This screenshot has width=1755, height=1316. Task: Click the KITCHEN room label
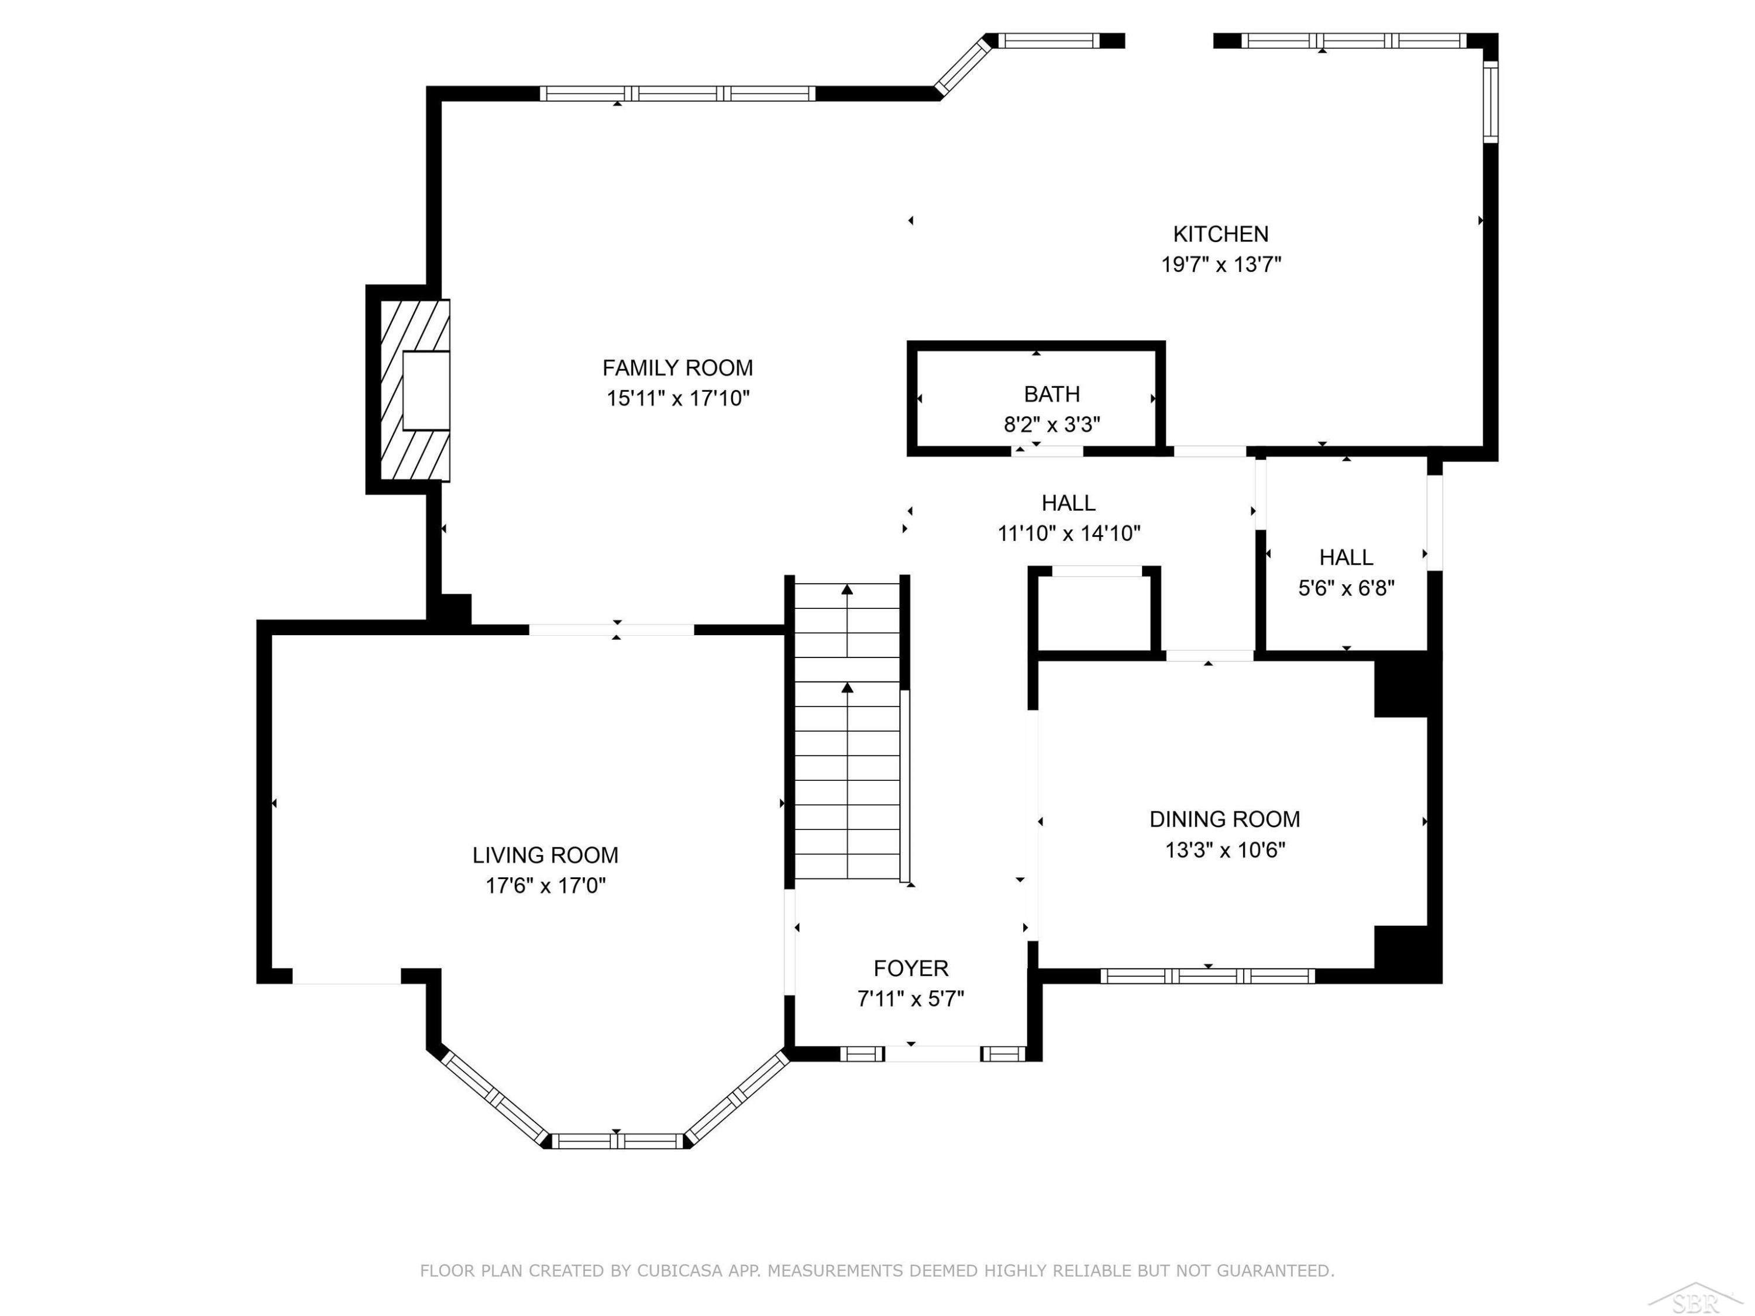(1220, 234)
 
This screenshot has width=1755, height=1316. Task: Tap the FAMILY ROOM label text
(677, 368)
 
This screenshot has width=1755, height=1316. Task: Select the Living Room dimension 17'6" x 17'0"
(546, 886)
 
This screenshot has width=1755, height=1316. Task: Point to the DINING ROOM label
(1224, 819)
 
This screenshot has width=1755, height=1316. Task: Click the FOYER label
(911, 968)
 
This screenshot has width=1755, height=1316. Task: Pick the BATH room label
(1052, 394)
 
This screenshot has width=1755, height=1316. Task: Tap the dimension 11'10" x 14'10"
(1069, 533)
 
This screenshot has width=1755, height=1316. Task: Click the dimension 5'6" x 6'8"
(1347, 588)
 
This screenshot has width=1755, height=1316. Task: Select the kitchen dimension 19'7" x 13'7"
(1221, 264)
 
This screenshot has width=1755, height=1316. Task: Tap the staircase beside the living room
(847, 731)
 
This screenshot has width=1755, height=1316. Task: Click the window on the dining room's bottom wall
(1207, 976)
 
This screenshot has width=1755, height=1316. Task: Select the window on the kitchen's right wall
(1491, 102)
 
